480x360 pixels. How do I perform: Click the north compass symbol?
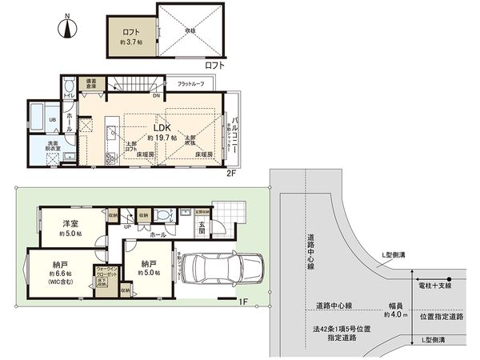(x=68, y=29)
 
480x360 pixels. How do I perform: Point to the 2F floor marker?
(x=232, y=171)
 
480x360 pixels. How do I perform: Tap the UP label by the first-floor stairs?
(x=127, y=226)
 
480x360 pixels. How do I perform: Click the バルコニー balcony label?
(x=228, y=127)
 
